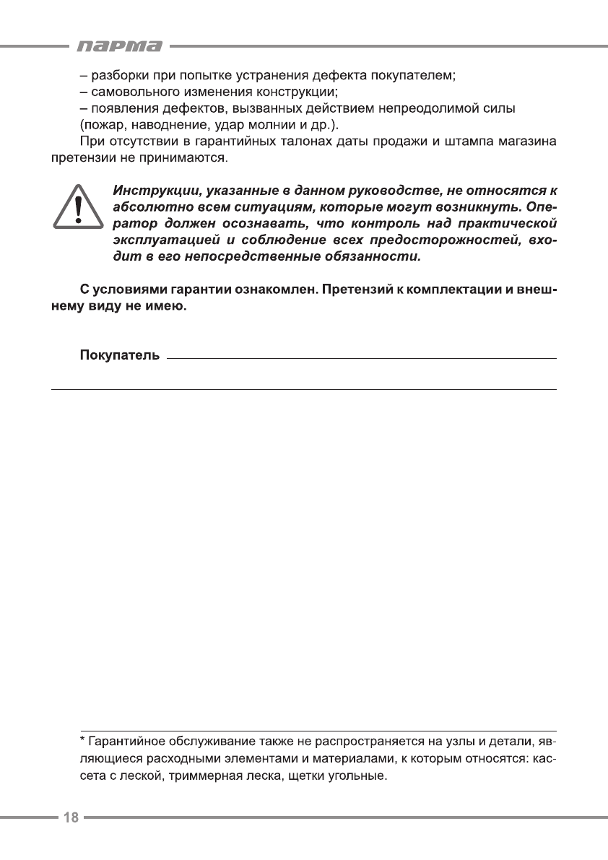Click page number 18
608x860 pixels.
click(71, 817)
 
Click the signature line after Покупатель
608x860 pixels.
click(361, 357)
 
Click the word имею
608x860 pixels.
click(165, 307)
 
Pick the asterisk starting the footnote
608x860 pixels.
click(82, 741)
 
